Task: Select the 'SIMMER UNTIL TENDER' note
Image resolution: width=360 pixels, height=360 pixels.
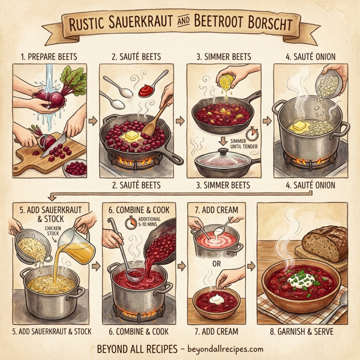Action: coord(234,142)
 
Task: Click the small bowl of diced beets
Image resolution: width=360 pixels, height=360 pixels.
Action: coord(76,169)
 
